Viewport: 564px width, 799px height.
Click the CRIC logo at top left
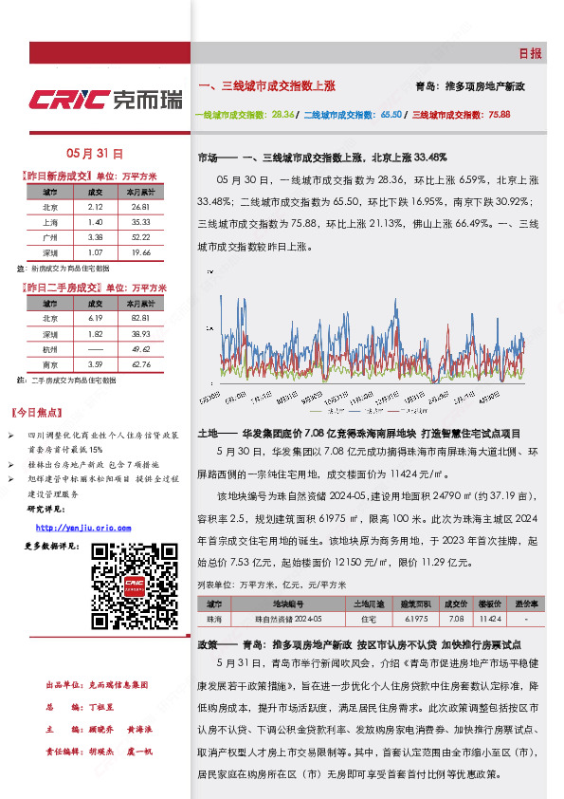tap(105, 99)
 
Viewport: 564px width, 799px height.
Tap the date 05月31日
tap(95, 153)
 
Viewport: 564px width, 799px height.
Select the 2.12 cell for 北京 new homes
tap(95, 206)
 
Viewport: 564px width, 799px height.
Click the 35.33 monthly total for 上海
tap(140, 221)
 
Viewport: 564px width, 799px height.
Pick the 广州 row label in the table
tap(50, 236)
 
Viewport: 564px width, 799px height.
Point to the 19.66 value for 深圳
tap(140, 252)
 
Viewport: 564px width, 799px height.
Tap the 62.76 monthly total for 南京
tap(140, 363)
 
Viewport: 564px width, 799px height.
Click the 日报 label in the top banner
tap(530, 54)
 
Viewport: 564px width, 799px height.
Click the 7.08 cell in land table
tap(456, 619)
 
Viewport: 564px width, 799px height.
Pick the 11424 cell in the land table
tap(490, 619)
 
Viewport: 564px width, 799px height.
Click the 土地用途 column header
tap(366, 604)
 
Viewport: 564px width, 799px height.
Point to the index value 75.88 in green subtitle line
tap(499, 114)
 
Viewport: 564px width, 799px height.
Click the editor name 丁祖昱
tap(102, 708)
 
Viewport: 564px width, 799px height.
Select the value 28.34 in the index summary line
tap(282, 114)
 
